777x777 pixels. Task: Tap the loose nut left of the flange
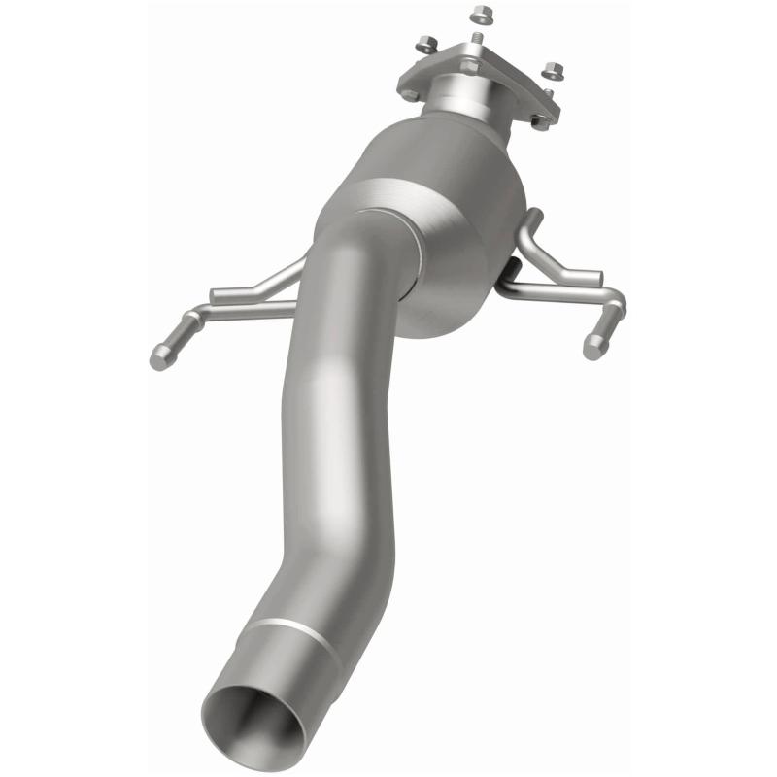(x=426, y=43)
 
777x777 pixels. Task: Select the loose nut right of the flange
(x=554, y=70)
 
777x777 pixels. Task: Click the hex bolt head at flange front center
(x=469, y=66)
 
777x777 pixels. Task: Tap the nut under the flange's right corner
(x=540, y=121)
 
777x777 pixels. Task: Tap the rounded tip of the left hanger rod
(x=158, y=358)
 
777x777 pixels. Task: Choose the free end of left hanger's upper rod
(x=216, y=294)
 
